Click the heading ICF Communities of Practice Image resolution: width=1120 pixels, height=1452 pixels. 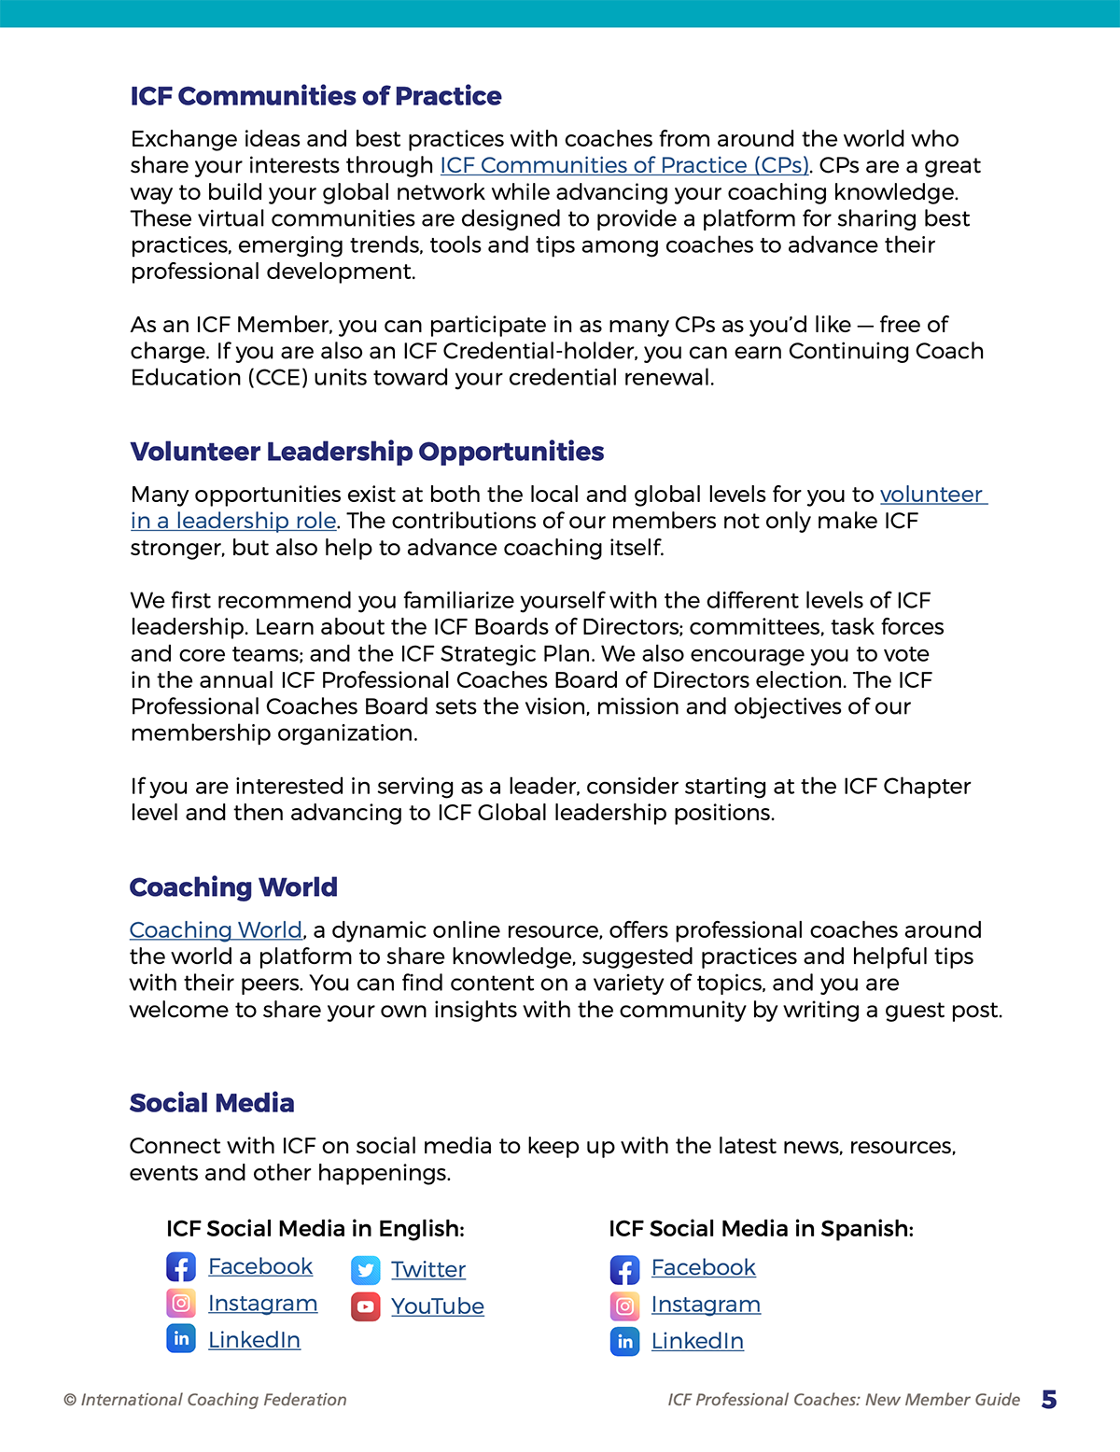click(315, 96)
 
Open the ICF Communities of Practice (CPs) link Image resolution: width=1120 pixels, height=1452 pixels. click(623, 165)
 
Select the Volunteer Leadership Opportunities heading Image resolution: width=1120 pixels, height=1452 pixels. click(367, 452)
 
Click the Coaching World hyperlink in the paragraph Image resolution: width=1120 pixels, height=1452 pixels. click(216, 930)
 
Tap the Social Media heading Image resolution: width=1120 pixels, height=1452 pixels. click(212, 1103)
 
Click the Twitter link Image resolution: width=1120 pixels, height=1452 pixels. click(427, 1269)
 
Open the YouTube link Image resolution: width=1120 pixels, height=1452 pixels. click(437, 1305)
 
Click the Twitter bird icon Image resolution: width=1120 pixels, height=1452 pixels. click(366, 1270)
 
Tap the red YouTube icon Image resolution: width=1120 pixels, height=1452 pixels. click(366, 1306)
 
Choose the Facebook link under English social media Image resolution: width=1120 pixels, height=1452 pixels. click(260, 1266)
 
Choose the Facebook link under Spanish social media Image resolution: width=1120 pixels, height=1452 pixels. click(703, 1267)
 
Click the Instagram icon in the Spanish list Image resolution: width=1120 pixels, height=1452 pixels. click(625, 1305)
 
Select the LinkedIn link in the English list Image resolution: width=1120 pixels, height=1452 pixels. click(254, 1340)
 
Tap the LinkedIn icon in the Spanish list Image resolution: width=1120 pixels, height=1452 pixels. click(625, 1342)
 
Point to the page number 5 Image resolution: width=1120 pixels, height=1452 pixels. click(1049, 1400)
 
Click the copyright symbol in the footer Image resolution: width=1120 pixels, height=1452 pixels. click(70, 1400)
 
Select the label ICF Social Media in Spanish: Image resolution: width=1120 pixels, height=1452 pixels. click(761, 1229)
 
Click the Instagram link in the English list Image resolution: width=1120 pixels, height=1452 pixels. click(262, 1303)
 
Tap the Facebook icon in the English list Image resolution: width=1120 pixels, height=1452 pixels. click(181, 1267)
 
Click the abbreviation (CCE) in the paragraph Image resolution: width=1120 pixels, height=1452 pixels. click(277, 378)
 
